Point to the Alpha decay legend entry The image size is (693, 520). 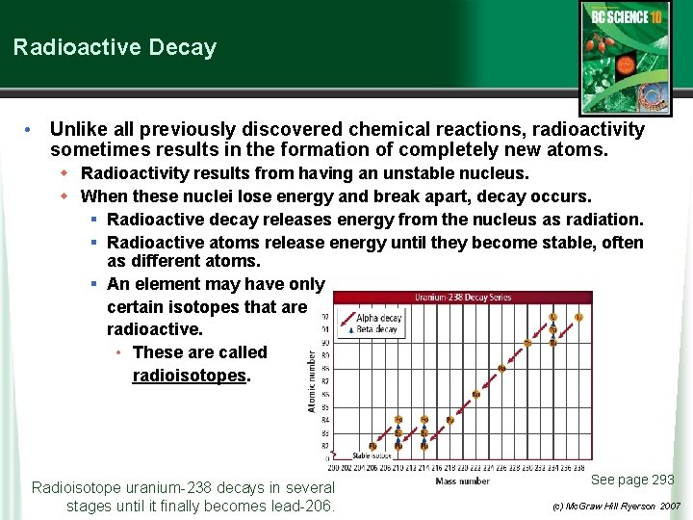[378, 318]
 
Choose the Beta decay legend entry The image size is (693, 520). [376, 329]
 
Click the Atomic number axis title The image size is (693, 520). [311, 381]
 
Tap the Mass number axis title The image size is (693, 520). [462, 481]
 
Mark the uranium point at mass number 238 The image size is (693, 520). [578, 317]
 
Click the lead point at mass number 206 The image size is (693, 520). [372, 446]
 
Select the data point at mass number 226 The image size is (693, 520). [501, 368]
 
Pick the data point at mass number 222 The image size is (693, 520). [475, 394]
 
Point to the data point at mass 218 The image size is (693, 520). [449, 420]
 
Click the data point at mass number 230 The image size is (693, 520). [527, 342]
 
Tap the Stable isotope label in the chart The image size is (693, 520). [371, 455]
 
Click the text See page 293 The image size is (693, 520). [632, 480]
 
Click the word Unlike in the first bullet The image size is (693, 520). [75, 129]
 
